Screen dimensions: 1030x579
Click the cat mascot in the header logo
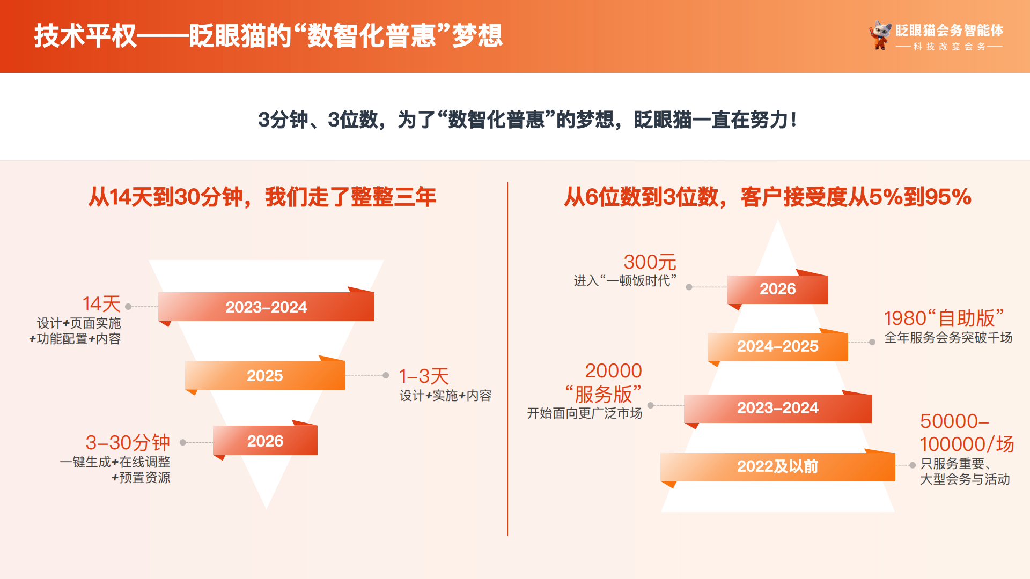coord(880,35)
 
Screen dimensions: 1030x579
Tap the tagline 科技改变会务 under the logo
coord(950,47)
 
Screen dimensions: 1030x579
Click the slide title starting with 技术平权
coord(268,36)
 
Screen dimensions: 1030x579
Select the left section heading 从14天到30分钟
coord(262,197)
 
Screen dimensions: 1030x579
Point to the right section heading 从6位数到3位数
coord(768,197)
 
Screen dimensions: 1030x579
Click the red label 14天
coord(101,304)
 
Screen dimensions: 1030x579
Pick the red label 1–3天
coord(424,376)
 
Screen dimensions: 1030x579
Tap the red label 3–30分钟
coord(128,442)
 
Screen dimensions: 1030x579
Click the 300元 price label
coord(650,262)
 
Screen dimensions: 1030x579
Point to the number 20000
coord(613,370)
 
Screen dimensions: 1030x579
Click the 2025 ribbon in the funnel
coord(265,375)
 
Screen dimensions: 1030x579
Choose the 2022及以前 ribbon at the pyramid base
coord(778,466)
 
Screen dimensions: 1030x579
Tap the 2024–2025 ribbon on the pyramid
coord(778,346)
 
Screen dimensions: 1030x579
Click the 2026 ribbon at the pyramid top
coord(778,289)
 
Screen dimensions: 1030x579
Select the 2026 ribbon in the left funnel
coord(265,441)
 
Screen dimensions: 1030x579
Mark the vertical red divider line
coord(507,359)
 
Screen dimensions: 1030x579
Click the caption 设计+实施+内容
coord(445,396)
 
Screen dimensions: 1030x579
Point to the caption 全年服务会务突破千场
coord(948,338)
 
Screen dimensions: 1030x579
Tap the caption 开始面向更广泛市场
coord(585,413)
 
